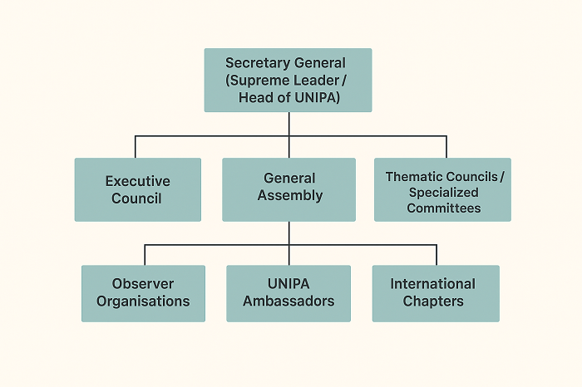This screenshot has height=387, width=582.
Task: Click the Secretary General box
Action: pos(288,80)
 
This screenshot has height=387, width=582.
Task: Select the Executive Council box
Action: pos(137,189)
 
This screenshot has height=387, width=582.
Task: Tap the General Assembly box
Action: pos(289,189)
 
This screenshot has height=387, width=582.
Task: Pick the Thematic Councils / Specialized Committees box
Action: pos(442,189)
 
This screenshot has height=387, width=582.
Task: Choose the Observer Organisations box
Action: pos(143,293)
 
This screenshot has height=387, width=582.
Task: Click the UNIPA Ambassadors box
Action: pos(288,293)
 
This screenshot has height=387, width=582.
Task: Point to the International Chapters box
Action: pos(435,293)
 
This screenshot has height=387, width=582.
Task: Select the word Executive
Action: pos(138,181)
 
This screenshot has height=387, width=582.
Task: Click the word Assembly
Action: pos(290,196)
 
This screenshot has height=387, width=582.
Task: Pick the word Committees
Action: pos(444,208)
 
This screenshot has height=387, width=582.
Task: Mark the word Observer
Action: pos(143,284)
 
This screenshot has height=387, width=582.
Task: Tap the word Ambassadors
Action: pos(288,301)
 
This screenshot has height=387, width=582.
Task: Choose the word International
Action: pos(433,284)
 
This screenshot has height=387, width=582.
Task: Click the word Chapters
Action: pos(433,301)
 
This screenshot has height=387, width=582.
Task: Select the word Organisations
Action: pos(143,301)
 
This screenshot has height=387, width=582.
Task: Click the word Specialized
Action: pos(443,193)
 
